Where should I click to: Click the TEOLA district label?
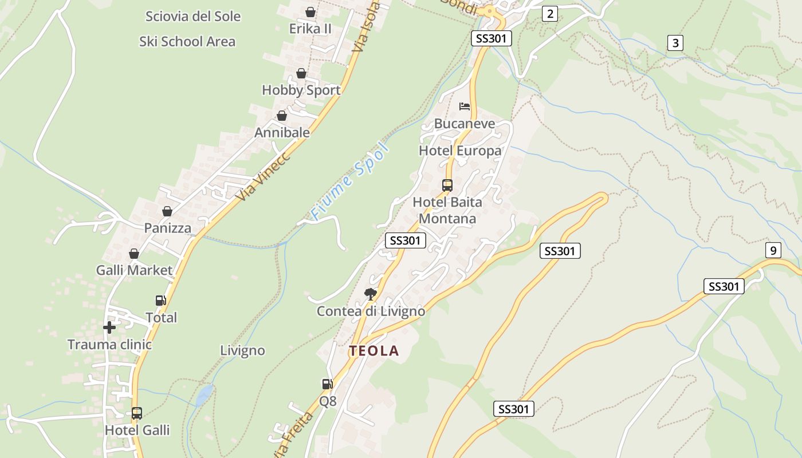point(374,351)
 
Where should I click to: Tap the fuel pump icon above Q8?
point(327,384)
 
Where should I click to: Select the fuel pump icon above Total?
point(161,300)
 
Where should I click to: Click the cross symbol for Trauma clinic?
point(109,327)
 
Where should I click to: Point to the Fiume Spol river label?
point(350,182)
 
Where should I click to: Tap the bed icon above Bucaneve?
point(465,106)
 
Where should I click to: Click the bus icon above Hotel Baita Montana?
point(447,185)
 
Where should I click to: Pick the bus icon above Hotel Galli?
point(137,413)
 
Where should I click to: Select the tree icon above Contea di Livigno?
point(371,294)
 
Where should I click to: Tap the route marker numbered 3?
point(675,43)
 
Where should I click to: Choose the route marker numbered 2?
point(550,14)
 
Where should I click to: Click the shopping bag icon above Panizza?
point(167,211)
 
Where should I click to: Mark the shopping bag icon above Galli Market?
point(134,254)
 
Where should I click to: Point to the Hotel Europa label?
point(460,151)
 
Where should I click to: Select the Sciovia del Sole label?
point(193,16)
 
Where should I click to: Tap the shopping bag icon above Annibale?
point(282,116)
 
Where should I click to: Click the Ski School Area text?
point(187,41)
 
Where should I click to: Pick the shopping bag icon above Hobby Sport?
point(301,73)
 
